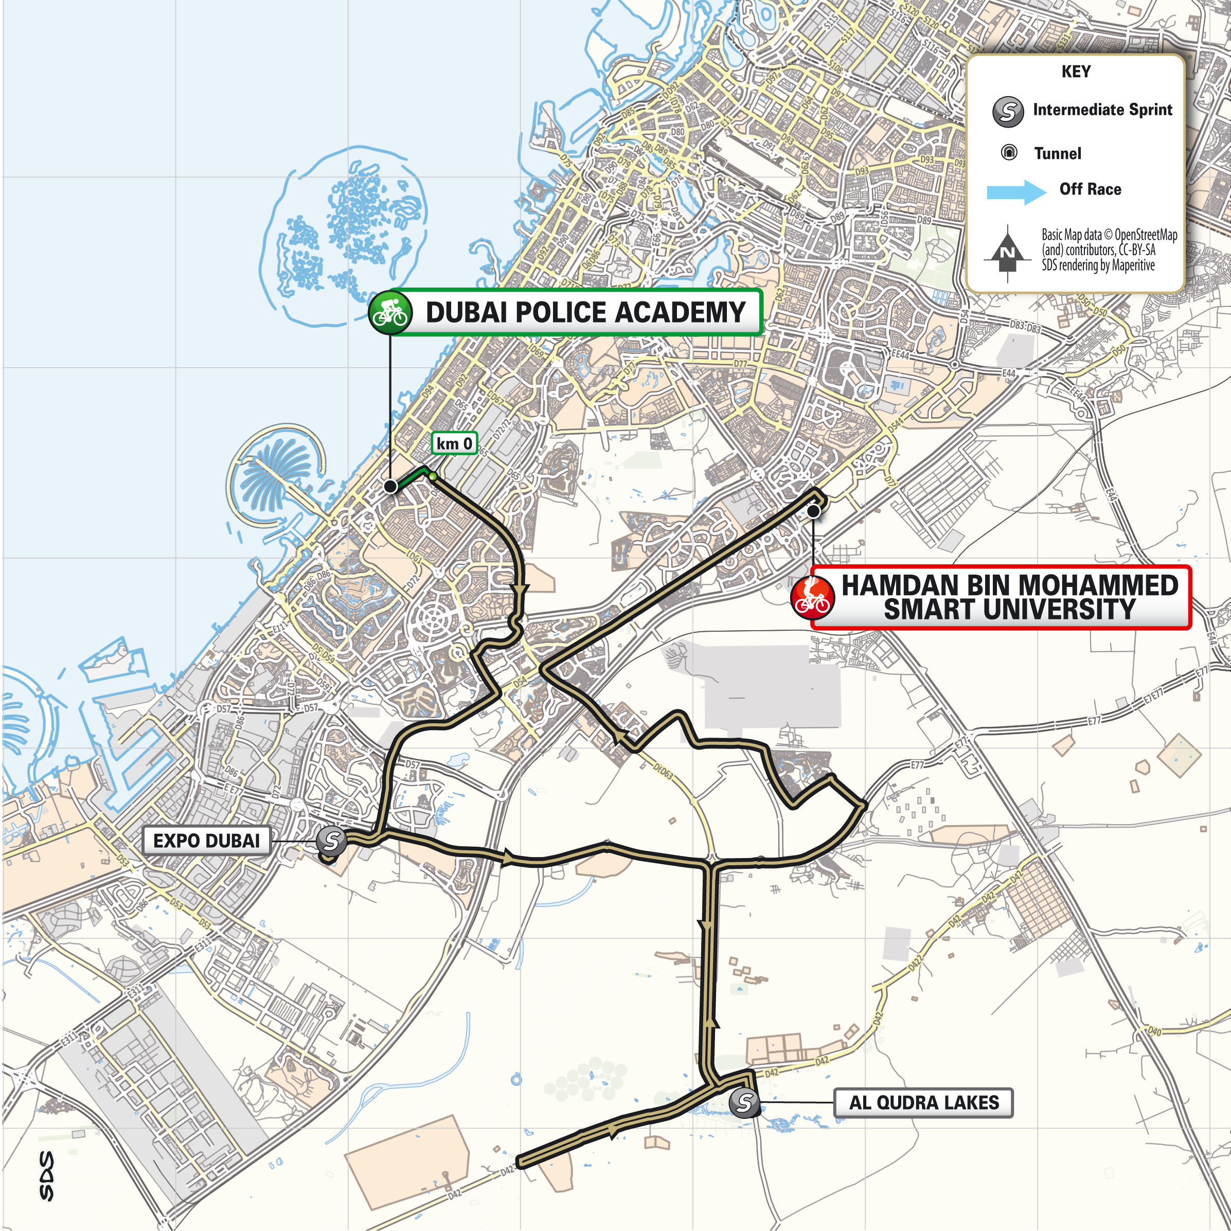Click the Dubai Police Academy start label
[584, 312]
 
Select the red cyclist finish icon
[812, 598]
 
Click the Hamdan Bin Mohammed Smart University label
[1009, 598]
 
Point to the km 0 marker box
[454, 443]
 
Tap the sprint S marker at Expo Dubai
[331, 841]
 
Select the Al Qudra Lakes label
[923, 1102]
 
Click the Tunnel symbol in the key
[1009, 153]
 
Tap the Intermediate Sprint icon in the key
[1008, 112]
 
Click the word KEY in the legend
[1076, 72]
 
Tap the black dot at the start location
[390, 487]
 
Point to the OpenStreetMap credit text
[1109, 250]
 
